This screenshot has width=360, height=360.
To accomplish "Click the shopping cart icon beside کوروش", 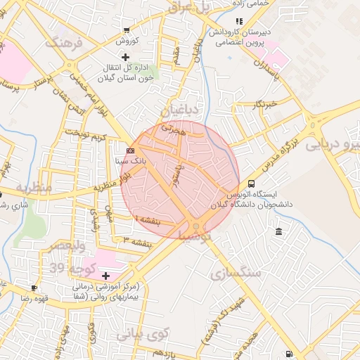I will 126,30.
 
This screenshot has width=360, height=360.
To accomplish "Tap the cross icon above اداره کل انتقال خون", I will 126,56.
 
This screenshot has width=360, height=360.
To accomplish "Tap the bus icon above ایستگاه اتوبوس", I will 232,184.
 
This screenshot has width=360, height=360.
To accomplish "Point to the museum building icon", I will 279,232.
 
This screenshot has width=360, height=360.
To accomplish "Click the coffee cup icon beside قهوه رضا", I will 33,288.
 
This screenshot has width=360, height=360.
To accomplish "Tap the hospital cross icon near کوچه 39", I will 106,275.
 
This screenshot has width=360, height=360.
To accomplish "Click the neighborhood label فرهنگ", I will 64,44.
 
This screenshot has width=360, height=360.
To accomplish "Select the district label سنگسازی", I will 235,271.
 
